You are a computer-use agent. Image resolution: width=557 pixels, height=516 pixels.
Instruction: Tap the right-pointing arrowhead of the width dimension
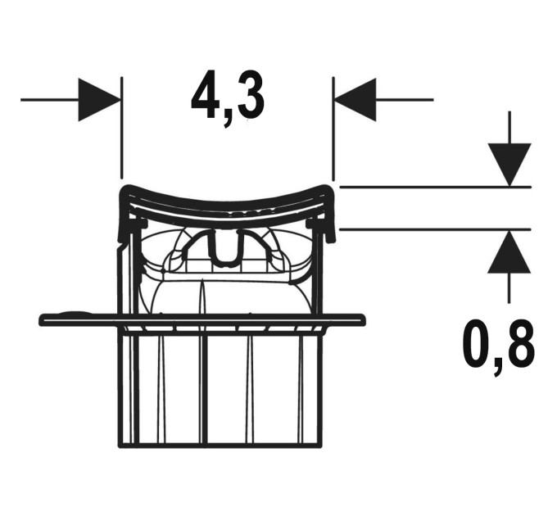[x=99, y=100]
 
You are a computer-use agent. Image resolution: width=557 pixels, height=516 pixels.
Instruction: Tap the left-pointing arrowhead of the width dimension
[x=355, y=100]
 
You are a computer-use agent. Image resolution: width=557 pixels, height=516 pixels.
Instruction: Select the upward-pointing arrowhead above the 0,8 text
[x=509, y=251]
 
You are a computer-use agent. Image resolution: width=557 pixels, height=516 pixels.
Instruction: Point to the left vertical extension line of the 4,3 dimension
[x=121, y=128]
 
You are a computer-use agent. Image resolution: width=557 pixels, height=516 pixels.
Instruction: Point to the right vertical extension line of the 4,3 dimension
[x=333, y=129]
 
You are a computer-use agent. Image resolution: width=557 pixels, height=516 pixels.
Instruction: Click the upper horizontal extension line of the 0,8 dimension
[x=436, y=187]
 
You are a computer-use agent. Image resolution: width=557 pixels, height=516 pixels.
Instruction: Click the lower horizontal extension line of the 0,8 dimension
[x=436, y=230]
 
